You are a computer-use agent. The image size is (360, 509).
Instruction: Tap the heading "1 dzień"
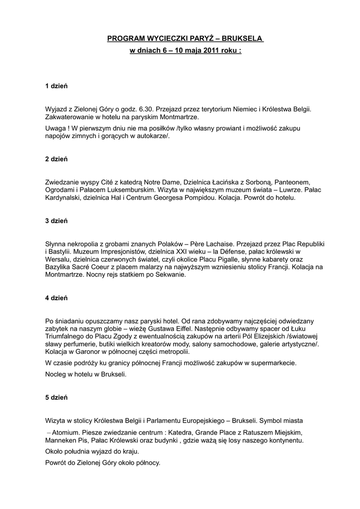click(x=56, y=86)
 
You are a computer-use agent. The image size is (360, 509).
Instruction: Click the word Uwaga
click(x=55, y=128)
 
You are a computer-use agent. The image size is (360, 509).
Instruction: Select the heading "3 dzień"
click(x=56, y=220)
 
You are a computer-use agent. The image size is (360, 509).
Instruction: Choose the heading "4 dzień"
click(x=56, y=298)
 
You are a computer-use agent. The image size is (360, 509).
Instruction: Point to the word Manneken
click(x=61, y=440)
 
